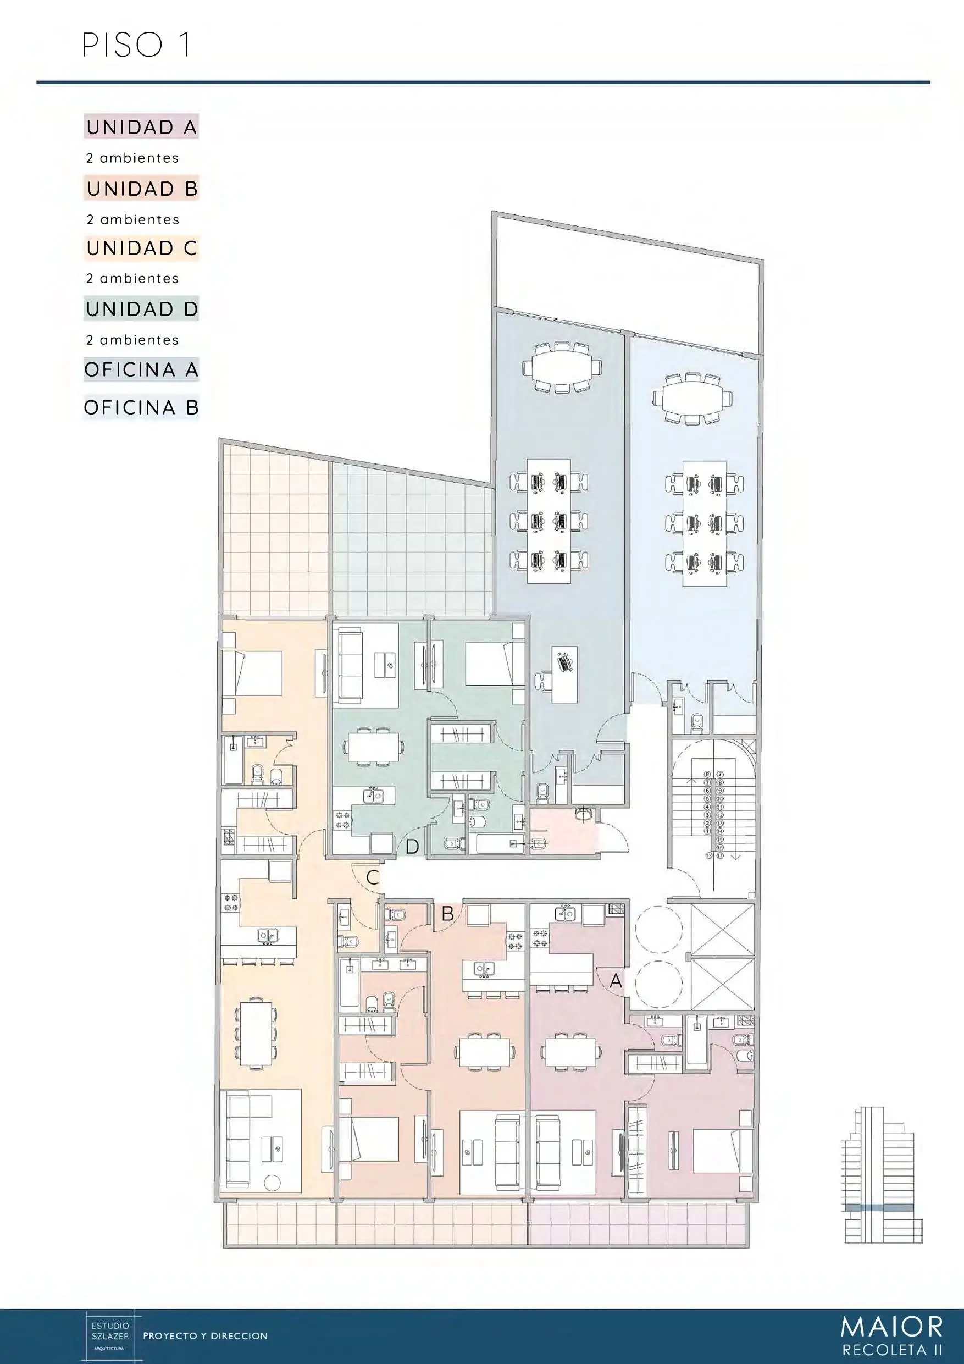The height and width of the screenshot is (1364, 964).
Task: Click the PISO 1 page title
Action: click(x=137, y=45)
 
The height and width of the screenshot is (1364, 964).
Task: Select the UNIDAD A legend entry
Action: click(x=141, y=127)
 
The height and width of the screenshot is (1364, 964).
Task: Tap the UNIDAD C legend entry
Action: click(x=141, y=248)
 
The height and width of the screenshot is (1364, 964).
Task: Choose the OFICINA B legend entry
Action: click(x=141, y=408)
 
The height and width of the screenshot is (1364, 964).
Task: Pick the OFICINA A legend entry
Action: click(x=141, y=370)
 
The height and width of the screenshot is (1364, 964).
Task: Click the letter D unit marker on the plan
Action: click(x=412, y=847)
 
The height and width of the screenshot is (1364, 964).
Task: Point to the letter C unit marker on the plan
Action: click(x=373, y=877)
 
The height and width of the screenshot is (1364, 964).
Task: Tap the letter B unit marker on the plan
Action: click(x=448, y=914)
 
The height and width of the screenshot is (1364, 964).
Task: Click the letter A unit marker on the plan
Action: click(x=616, y=981)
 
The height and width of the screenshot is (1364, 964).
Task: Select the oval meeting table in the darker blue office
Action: click(x=561, y=367)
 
